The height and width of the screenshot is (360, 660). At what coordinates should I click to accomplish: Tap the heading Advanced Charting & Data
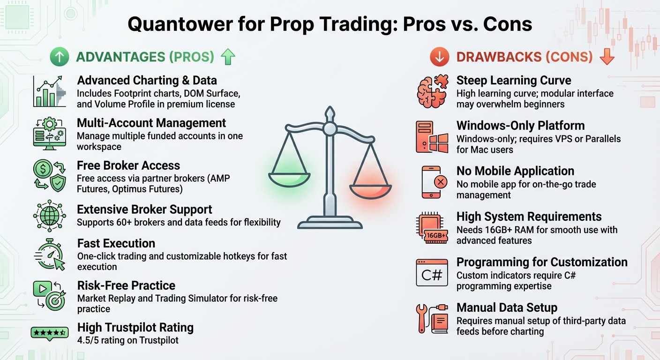pos(147,80)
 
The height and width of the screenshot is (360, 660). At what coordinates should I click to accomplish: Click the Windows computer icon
pos(432,136)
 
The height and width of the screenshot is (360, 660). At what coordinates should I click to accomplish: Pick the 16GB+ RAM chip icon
pos(432,228)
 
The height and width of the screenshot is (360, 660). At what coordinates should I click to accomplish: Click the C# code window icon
pos(432,273)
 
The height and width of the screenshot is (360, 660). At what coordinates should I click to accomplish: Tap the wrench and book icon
pos(432,319)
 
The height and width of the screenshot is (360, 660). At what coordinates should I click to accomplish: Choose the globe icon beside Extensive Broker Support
pos(50,216)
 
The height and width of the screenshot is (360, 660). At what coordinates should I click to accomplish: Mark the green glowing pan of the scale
pos(289,178)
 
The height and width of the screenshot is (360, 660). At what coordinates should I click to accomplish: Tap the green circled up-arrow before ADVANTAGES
pos(60,57)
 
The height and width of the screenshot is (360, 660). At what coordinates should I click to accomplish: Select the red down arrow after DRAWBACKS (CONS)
pos(607,57)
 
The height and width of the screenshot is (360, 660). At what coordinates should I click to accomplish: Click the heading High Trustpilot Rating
pos(135,327)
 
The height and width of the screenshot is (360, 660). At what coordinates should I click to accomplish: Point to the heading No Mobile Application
pos(515,171)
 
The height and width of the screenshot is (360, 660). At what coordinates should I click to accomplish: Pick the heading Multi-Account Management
pos(151,123)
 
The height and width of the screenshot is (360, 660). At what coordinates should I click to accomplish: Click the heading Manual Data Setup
pos(507,307)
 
